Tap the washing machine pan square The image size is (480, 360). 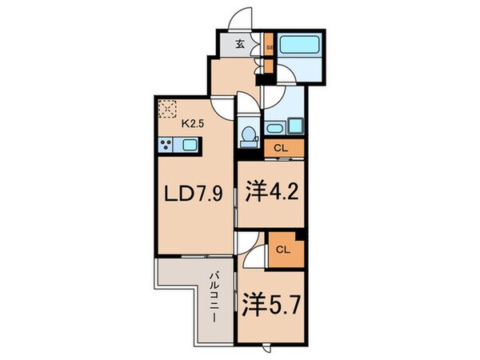pos(291,125)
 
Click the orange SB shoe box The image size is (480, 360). pos(270,46)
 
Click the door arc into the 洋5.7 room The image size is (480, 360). pos(253,254)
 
